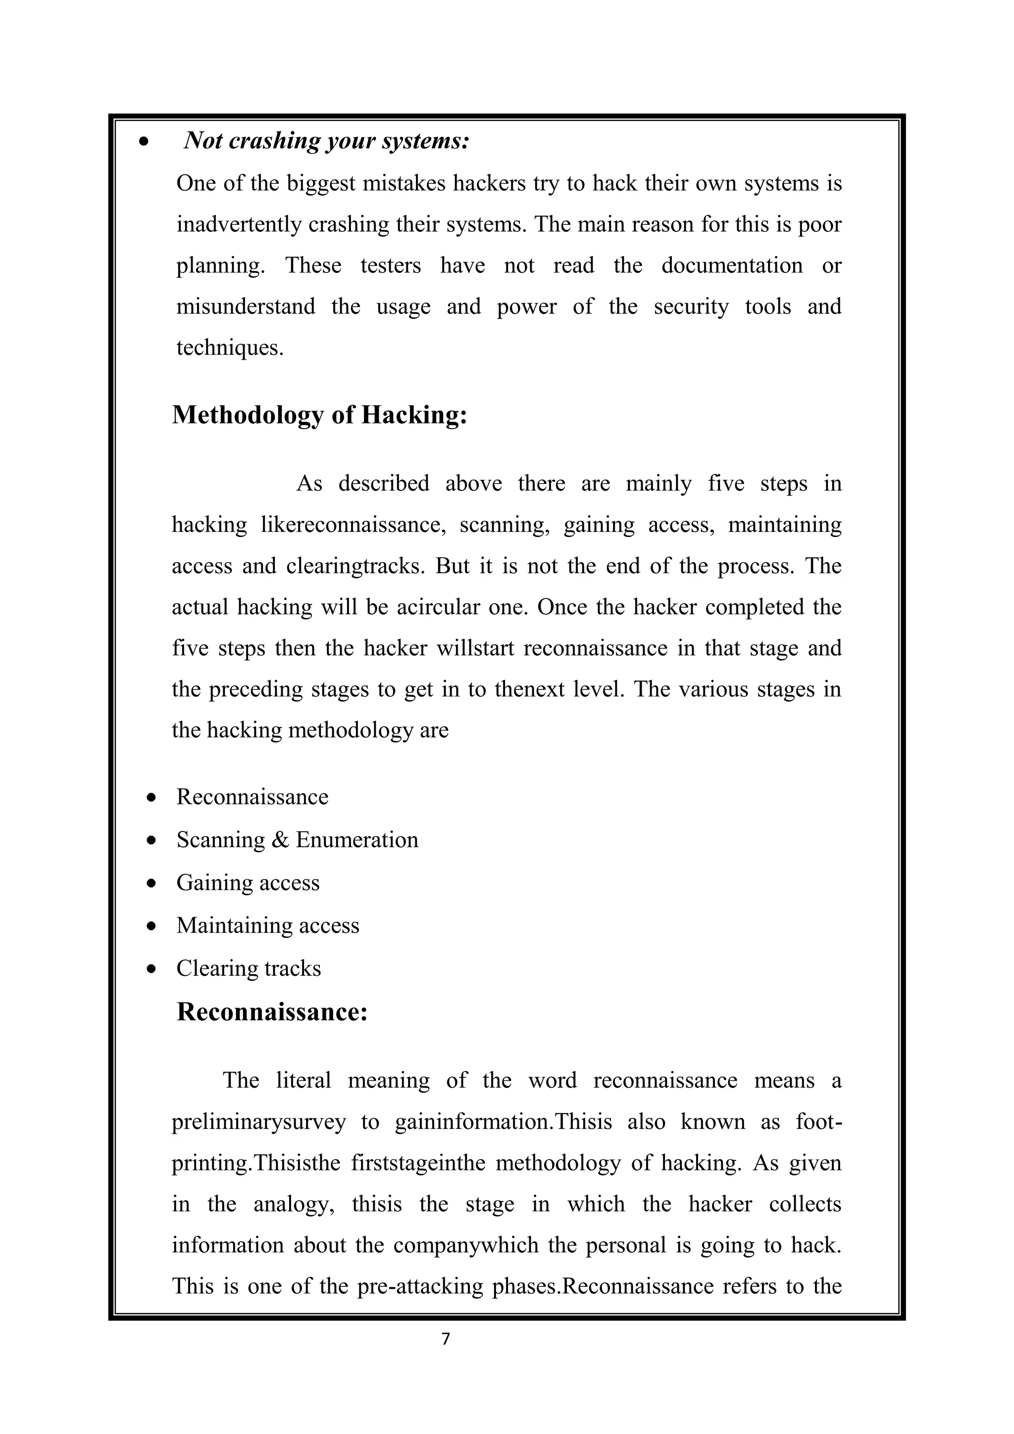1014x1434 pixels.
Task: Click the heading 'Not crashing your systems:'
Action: (326, 141)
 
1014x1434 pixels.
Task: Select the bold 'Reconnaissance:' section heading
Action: (272, 1012)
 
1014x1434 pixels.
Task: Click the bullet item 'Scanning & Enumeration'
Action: (297, 840)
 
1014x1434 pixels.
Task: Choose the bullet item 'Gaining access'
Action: (248, 883)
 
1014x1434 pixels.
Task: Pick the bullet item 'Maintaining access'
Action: (268, 926)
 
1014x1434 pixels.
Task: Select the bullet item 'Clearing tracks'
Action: (249, 969)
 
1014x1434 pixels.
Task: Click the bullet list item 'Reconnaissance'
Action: (252, 797)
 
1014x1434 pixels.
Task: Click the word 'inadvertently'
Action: (239, 225)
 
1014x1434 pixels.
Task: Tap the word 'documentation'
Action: (732, 266)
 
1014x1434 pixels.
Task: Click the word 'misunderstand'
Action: (246, 307)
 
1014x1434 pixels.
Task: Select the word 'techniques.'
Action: (230, 348)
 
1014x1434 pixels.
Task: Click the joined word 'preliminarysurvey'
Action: (258, 1122)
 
